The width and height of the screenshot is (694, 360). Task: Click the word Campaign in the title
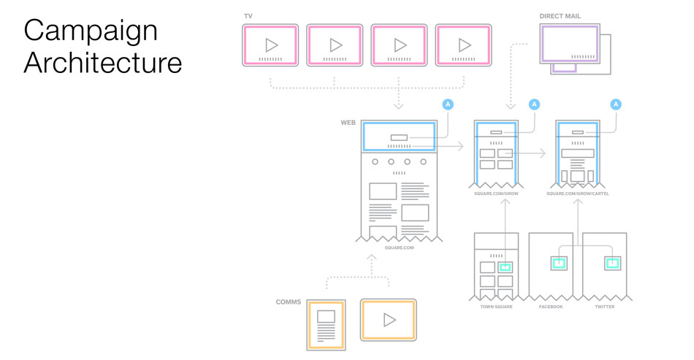90,31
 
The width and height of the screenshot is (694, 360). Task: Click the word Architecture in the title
102,63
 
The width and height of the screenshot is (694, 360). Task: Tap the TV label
248,15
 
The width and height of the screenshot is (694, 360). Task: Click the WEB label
348,122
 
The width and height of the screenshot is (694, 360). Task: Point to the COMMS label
289,302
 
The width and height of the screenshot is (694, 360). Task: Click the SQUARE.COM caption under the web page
399,248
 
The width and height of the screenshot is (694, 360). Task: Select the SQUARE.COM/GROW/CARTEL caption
582,194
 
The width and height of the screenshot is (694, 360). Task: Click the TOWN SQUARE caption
496,307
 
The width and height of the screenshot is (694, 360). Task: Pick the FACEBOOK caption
551,307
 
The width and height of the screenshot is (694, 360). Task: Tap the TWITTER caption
604,307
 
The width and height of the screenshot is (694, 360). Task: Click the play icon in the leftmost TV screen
270,45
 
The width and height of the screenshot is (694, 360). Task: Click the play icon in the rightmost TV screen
464,45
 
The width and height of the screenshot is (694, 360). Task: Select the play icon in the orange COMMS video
389,320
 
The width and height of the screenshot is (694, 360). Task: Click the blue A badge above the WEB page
448,104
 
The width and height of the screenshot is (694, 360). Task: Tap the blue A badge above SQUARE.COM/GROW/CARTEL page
616,104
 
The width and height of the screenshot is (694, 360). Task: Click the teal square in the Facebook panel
560,262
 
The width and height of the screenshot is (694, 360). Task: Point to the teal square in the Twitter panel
612,262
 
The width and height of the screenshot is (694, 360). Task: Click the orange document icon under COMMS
326,322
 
